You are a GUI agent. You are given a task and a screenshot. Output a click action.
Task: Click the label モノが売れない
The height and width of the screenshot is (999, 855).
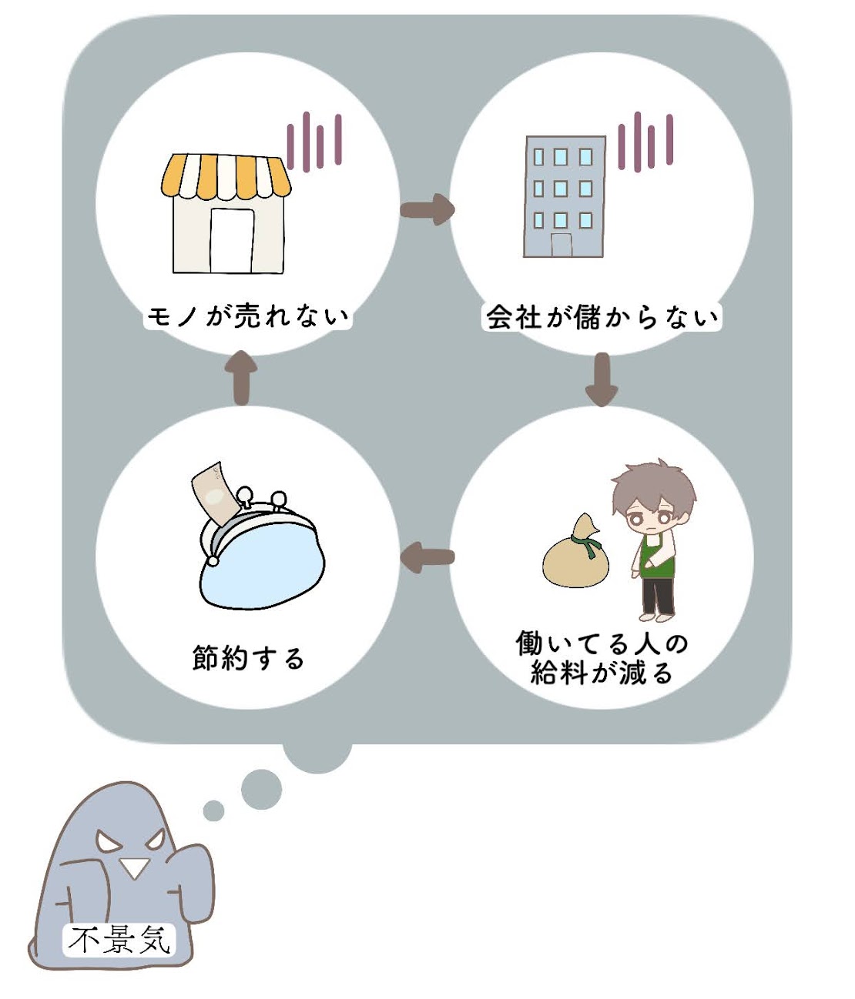click(247, 316)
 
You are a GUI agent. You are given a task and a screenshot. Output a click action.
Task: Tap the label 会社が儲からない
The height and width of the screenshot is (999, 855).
click(602, 316)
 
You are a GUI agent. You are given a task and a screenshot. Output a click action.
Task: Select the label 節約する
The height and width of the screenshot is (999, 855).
click(248, 658)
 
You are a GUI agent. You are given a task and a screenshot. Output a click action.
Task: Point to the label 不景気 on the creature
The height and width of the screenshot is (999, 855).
click(119, 940)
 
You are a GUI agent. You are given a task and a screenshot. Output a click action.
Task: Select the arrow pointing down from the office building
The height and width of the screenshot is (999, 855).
click(601, 379)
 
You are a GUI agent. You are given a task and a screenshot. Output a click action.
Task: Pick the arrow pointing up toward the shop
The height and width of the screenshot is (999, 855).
click(241, 376)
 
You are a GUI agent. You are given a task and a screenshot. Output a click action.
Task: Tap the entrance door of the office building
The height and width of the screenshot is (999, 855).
click(562, 245)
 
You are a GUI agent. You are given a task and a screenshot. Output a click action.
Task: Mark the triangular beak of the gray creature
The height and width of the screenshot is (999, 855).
click(134, 867)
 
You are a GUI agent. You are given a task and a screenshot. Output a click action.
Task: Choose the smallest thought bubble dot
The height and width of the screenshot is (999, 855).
click(213, 810)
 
